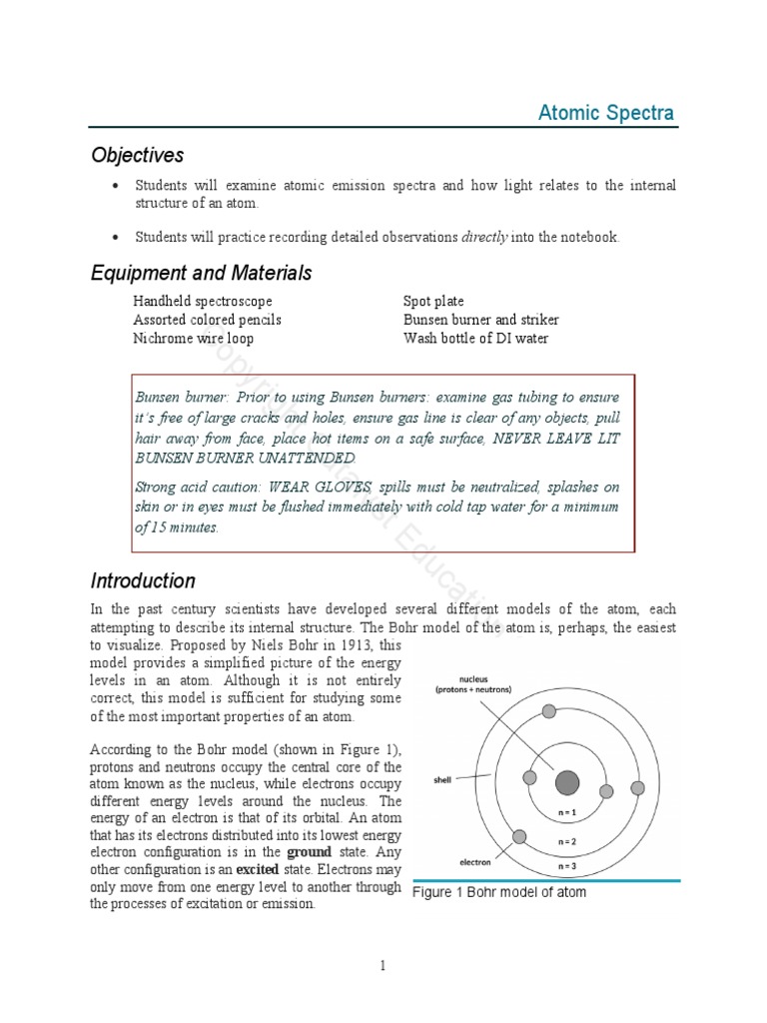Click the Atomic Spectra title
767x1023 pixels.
606,112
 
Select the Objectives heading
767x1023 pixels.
138,155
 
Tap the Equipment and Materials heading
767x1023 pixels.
201,273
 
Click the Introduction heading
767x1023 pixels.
143,580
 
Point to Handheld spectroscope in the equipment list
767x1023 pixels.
202,301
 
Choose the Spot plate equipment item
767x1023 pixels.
433,301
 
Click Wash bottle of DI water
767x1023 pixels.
475,338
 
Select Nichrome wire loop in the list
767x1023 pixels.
193,338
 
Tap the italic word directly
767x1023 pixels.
484,237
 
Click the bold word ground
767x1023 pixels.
309,852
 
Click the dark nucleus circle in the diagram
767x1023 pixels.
567,781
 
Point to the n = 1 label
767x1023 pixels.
567,813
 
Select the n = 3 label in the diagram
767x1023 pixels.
567,865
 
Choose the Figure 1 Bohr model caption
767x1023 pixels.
499,892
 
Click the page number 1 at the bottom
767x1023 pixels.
383,965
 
